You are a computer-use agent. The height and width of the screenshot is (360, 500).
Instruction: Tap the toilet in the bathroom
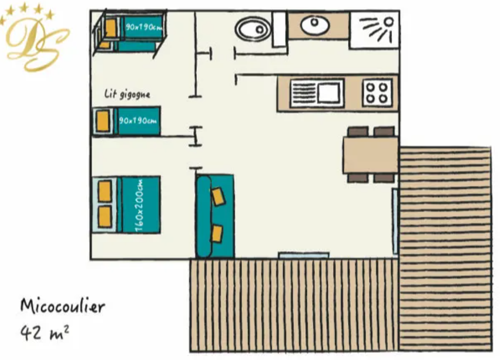point(253,29)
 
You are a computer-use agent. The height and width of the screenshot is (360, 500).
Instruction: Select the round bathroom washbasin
point(315,25)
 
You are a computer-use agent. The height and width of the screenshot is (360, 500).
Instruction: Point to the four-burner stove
point(377,92)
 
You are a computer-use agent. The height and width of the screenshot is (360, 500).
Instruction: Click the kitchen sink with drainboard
point(317,93)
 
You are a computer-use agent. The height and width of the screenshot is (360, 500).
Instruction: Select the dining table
point(371,155)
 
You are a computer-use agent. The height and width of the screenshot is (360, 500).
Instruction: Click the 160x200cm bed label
point(139,205)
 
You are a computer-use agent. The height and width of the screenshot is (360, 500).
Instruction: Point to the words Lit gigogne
point(127,94)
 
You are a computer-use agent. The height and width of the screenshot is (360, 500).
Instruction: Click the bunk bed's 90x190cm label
point(143,27)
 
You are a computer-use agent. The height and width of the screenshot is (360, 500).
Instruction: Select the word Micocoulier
point(63,306)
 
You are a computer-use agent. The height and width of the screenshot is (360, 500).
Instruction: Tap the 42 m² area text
point(44,333)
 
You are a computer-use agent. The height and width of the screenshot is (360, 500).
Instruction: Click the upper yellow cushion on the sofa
point(218,196)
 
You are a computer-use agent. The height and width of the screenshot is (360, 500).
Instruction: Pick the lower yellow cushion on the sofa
point(217,234)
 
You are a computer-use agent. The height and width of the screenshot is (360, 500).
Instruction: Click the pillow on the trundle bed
point(103,120)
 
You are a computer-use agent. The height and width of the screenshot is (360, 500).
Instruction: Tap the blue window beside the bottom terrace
point(304,255)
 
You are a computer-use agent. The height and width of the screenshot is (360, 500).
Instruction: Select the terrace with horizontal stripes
point(445,249)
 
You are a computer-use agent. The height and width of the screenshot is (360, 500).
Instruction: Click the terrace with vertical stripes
point(294,305)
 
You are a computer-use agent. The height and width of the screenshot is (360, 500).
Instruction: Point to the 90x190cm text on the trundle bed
point(138,121)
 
